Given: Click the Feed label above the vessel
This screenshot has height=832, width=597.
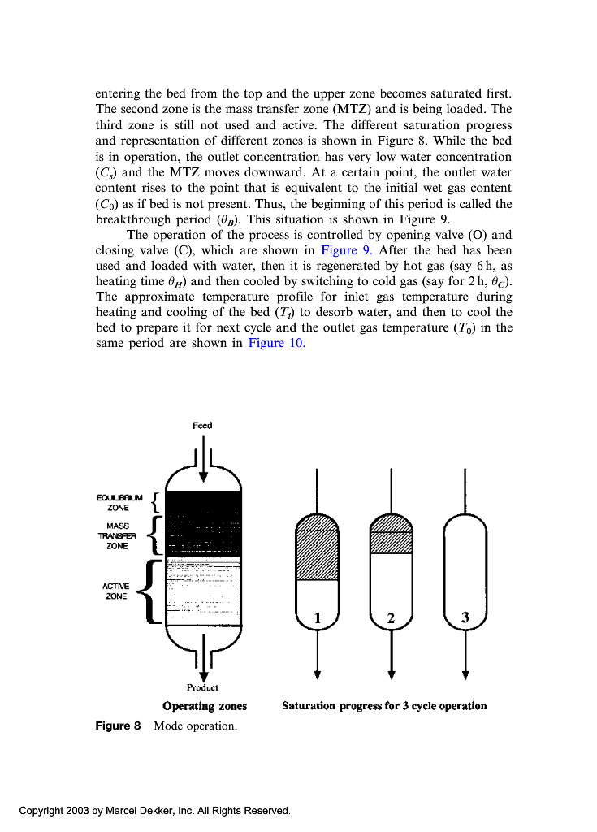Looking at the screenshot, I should point(202,425).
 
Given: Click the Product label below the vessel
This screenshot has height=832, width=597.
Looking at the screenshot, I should point(202,687).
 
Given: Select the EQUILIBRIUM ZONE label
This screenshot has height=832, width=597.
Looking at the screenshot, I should point(119,502).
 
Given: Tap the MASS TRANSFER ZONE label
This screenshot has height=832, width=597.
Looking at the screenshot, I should point(118,536).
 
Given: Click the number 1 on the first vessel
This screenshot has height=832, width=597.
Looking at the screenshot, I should point(318,618).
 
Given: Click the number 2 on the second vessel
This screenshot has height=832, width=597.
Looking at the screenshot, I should point(391,618).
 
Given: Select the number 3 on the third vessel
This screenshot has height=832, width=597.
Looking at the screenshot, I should point(465,617).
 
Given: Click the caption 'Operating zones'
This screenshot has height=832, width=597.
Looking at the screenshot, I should point(205,706).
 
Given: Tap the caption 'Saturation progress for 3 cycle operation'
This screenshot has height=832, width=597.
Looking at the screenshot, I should point(384,706).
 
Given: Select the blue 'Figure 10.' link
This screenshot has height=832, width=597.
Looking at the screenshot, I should point(276,343).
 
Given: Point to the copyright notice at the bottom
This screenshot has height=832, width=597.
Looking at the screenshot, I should point(154,811).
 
